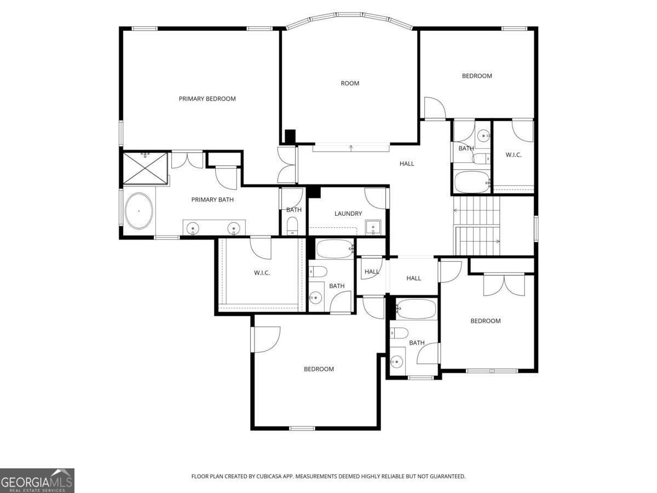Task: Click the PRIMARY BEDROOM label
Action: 207,99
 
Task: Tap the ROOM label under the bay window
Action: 350,83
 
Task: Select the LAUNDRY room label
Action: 348,214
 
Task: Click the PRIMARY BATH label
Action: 212,199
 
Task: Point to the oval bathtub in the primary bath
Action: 139,211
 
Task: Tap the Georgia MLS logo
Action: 37,480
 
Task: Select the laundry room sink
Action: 373,227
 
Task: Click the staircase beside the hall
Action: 477,226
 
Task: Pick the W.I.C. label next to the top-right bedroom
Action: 513,155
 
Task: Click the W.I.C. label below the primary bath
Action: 262,273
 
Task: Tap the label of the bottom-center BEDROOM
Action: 319,369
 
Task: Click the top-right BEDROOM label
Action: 477,76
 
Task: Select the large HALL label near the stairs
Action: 407,163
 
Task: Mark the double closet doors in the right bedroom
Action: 504,284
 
